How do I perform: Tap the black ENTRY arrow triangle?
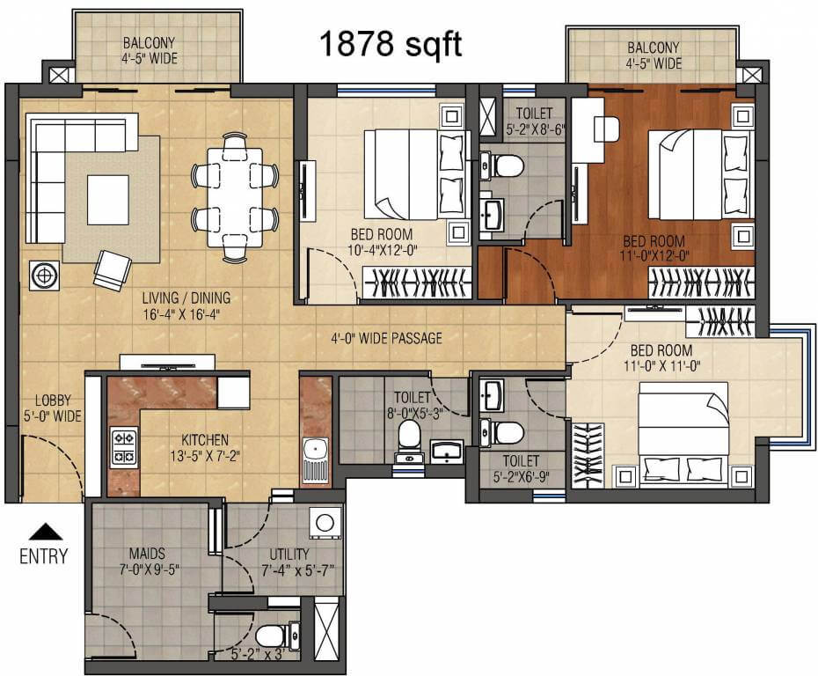coord(43,531)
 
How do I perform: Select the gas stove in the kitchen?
coord(123,447)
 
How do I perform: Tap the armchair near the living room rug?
coord(112,268)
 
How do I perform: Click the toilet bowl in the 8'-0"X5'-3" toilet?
coord(409,435)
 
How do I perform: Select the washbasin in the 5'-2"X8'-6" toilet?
coord(493,212)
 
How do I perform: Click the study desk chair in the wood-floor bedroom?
coord(606,128)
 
